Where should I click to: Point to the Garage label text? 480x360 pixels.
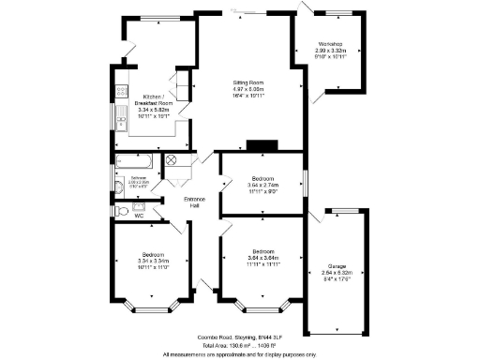[337, 266]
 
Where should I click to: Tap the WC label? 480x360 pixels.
[138, 216]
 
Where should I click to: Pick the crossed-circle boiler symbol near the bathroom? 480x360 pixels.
[173, 160]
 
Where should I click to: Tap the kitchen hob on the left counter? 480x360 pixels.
[120, 92]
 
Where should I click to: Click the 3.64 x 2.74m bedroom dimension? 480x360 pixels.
[263, 186]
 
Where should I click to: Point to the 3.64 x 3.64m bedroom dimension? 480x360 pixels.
[263, 258]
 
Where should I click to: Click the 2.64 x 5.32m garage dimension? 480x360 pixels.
[337, 273]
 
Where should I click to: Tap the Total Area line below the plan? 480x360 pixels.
[240, 345]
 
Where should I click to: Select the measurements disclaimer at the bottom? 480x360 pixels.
[240, 353]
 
